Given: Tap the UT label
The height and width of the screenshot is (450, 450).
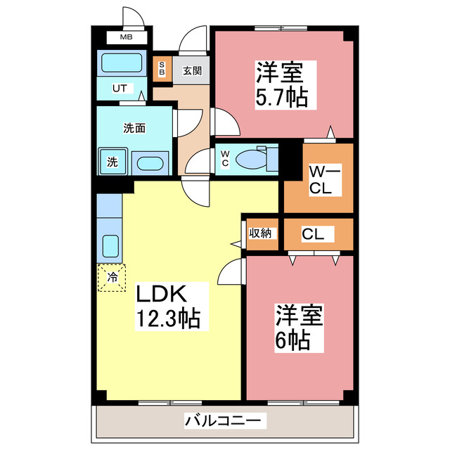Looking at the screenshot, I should click(120, 88).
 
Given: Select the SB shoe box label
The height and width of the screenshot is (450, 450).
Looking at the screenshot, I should click(161, 69).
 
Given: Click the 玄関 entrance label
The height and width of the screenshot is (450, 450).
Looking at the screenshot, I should click(192, 70).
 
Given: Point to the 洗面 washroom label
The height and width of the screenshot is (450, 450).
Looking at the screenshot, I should click(134, 128).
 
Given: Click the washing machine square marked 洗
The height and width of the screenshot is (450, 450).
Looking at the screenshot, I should click(112, 162).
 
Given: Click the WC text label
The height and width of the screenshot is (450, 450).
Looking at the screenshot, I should click(225, 159).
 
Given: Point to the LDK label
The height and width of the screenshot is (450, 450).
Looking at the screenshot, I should click(162, 293).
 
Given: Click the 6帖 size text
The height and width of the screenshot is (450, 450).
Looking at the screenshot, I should click(292, 341).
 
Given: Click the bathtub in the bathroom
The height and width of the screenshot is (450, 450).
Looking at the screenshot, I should click(122, 63).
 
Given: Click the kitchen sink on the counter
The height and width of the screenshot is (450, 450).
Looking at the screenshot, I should click(111, 246).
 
